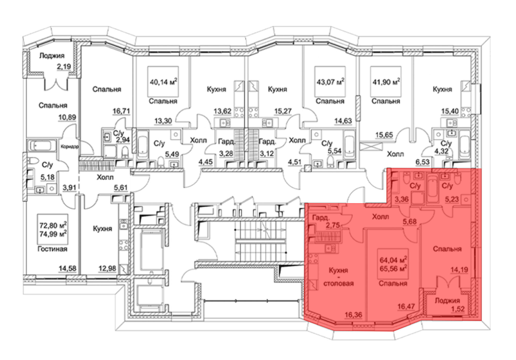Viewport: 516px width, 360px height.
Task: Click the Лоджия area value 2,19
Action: click(x=64, y=67)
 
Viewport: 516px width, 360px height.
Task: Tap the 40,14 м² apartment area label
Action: click(x=163, y=82)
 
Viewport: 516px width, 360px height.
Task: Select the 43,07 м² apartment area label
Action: click(x=330, y=82)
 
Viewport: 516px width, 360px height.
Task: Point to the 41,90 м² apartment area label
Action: click(x=386, y=82)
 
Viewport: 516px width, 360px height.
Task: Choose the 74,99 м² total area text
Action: click(x=53, y=234)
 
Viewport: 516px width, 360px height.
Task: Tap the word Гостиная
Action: click(x=52, y=249)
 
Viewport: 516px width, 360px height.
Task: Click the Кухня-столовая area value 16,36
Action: click(x=353, y=315)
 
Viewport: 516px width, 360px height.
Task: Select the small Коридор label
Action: click(x=70, y=146)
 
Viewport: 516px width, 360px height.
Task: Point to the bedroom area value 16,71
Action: click(x=121, y=111)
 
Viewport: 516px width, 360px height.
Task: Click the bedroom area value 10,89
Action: click(x=67, y=117)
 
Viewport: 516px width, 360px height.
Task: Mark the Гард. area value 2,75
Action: click(x=333, y=225)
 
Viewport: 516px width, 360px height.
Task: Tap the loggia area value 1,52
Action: click(x=458, y=309)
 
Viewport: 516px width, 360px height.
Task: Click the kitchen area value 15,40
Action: click(x=450, y=111)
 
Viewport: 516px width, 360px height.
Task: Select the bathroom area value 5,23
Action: click(x=452, y=199)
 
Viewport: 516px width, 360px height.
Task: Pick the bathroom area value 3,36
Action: click(x=402, y=199)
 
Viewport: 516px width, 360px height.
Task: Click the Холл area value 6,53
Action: click(x=423, y=162)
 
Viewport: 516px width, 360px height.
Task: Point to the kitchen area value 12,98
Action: click(x=107, y=268)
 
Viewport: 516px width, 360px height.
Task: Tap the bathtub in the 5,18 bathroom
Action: click(x=42, y=145)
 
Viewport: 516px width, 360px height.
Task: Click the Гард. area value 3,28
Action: click(x=226, y=154)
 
